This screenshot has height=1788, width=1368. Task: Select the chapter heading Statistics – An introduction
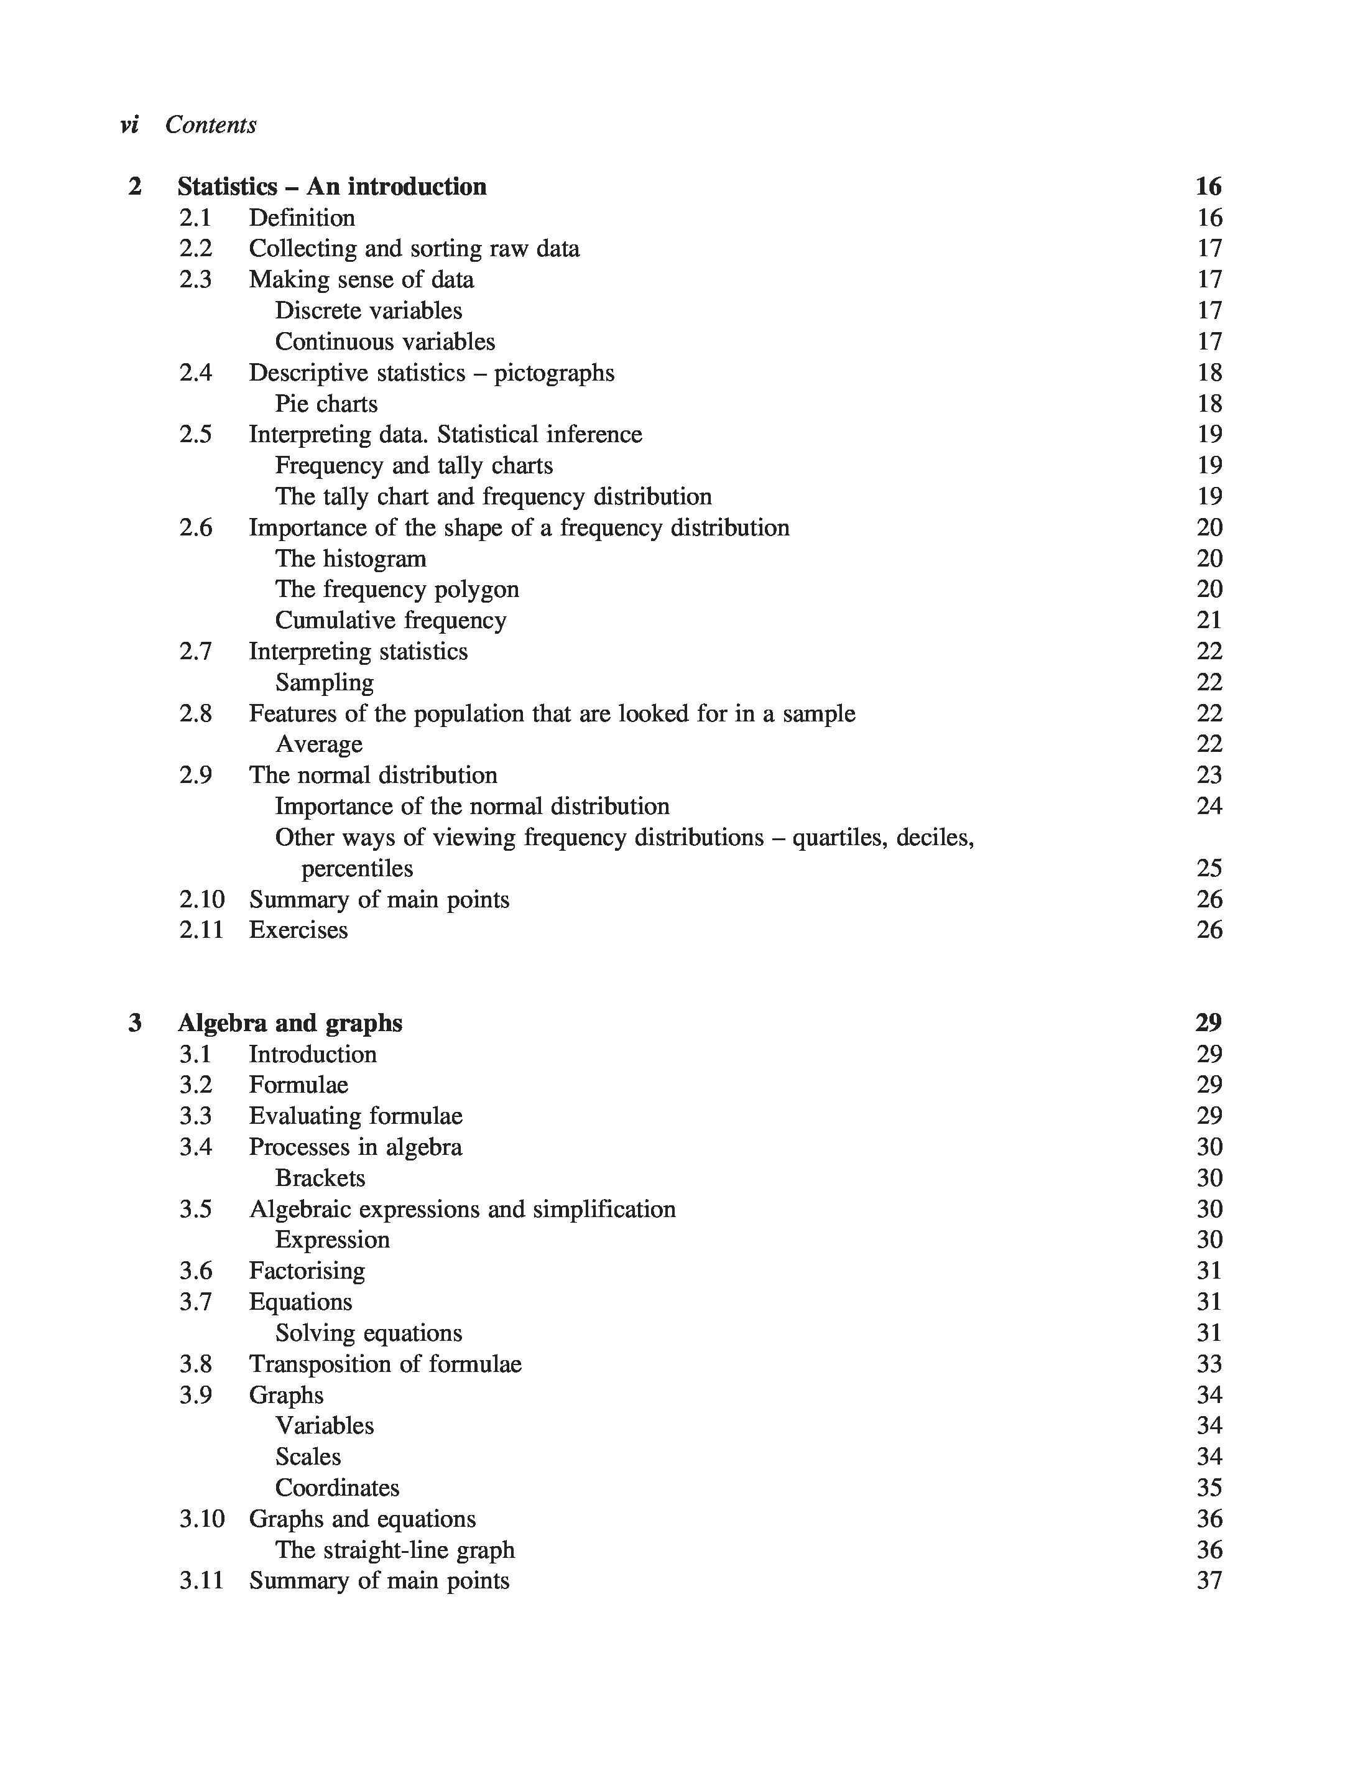tap(331, 187)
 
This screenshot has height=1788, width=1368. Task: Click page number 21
tap(1209, 621)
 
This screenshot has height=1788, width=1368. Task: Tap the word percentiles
tap(357, 869)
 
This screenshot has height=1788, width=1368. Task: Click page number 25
tap(1209, 869)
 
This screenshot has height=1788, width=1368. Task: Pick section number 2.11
tap(201, 930)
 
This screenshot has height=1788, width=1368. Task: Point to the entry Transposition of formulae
tap(384, 1364)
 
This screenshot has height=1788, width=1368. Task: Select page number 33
tap(1209, 1364)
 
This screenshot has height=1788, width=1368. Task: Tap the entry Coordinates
tap(337, 1488)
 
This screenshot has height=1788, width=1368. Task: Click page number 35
tap(1209, 1488)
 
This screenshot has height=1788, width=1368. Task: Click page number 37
tap(1209, 1580)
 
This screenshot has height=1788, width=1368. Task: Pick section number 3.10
tap(201, 1519)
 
